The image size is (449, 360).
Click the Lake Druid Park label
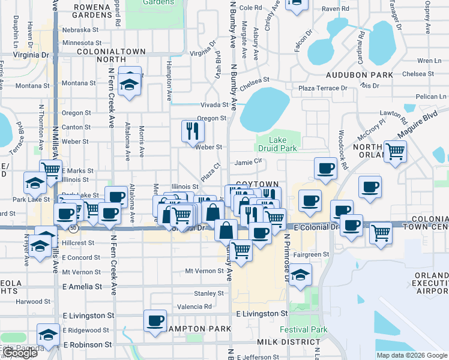277,142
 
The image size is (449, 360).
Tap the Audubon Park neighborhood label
360,75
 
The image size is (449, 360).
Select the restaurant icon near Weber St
192,131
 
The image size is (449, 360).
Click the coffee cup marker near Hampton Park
155,320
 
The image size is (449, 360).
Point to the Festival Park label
304,329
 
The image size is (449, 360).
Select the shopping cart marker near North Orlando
395,152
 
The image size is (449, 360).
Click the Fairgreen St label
312,254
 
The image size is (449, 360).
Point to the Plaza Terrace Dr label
323,88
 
